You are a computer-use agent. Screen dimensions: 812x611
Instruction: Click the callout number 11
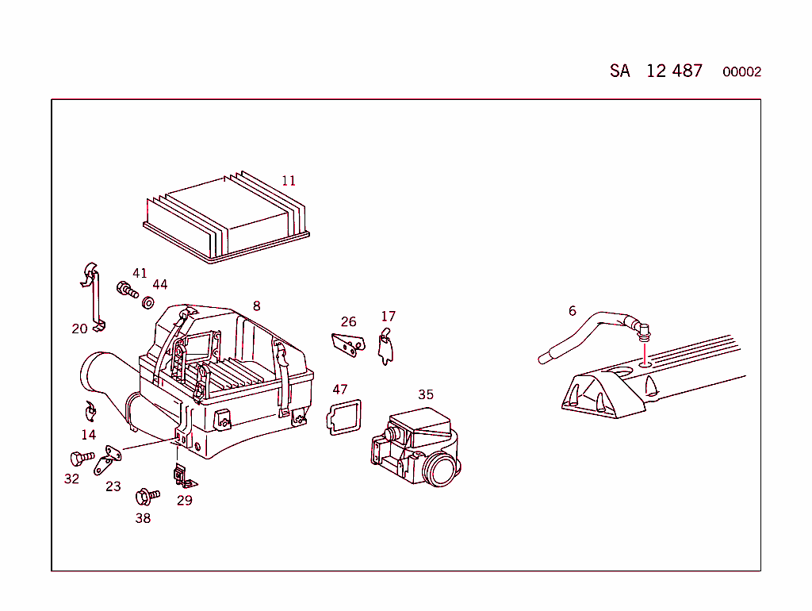[x=289, y=181]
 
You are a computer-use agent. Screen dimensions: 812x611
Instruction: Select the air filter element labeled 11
[x=226, y=217]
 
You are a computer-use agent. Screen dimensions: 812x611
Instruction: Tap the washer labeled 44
[x=147, y=302]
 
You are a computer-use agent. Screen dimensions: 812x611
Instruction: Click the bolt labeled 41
[x=127, y=290]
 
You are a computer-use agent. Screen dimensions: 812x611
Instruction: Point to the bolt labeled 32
[x=82, y=458]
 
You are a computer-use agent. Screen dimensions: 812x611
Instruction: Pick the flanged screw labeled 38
[x=147, y=497]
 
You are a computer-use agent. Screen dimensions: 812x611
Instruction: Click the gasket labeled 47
[x=343, y=417]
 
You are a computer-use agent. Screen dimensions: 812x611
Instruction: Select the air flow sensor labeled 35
[x=416, y=448]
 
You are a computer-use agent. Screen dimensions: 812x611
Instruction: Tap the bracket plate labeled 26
[x=348, y=344]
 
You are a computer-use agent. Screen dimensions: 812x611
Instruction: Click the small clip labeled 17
[x=386, y=346]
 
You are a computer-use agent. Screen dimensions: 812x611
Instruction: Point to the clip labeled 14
[x=90, y=411]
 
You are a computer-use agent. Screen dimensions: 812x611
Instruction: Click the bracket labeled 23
[x=108, y=459]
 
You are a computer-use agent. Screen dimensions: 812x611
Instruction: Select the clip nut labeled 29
[x=183, y=477]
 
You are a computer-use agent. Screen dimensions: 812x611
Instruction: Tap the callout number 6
[x=573, y=311]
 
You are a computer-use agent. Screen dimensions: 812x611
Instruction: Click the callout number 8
[x=256, y=306]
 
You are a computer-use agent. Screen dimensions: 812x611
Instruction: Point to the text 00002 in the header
[x=741, y=72]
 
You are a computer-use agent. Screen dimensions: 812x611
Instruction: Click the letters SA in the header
[x=620, y=71]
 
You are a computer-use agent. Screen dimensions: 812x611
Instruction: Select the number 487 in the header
[x=684, y=71]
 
